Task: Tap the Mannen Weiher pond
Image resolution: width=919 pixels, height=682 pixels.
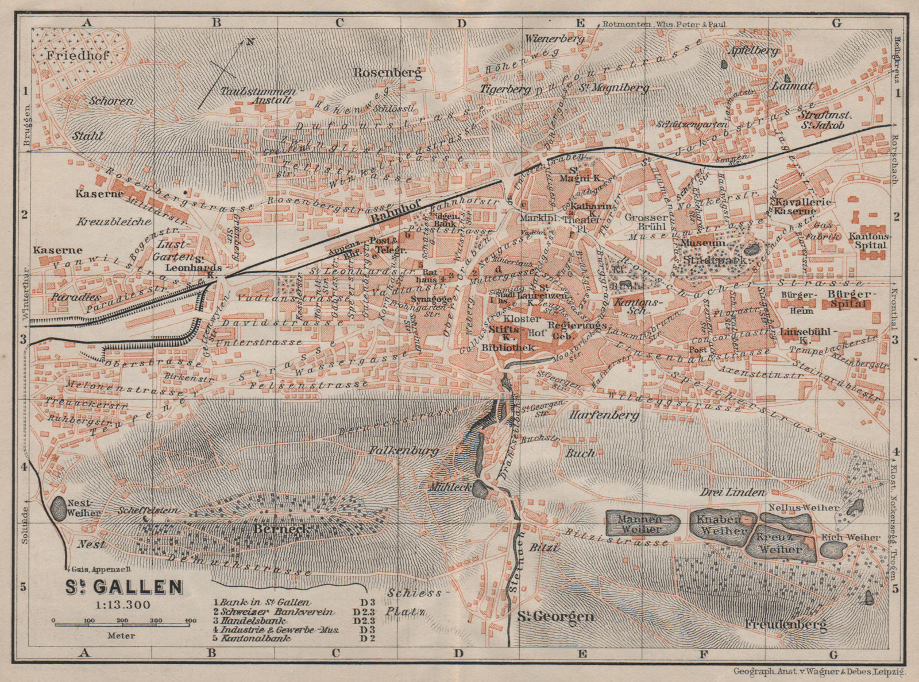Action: point(642,522)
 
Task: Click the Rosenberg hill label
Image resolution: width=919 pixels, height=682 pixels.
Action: point(388,73)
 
